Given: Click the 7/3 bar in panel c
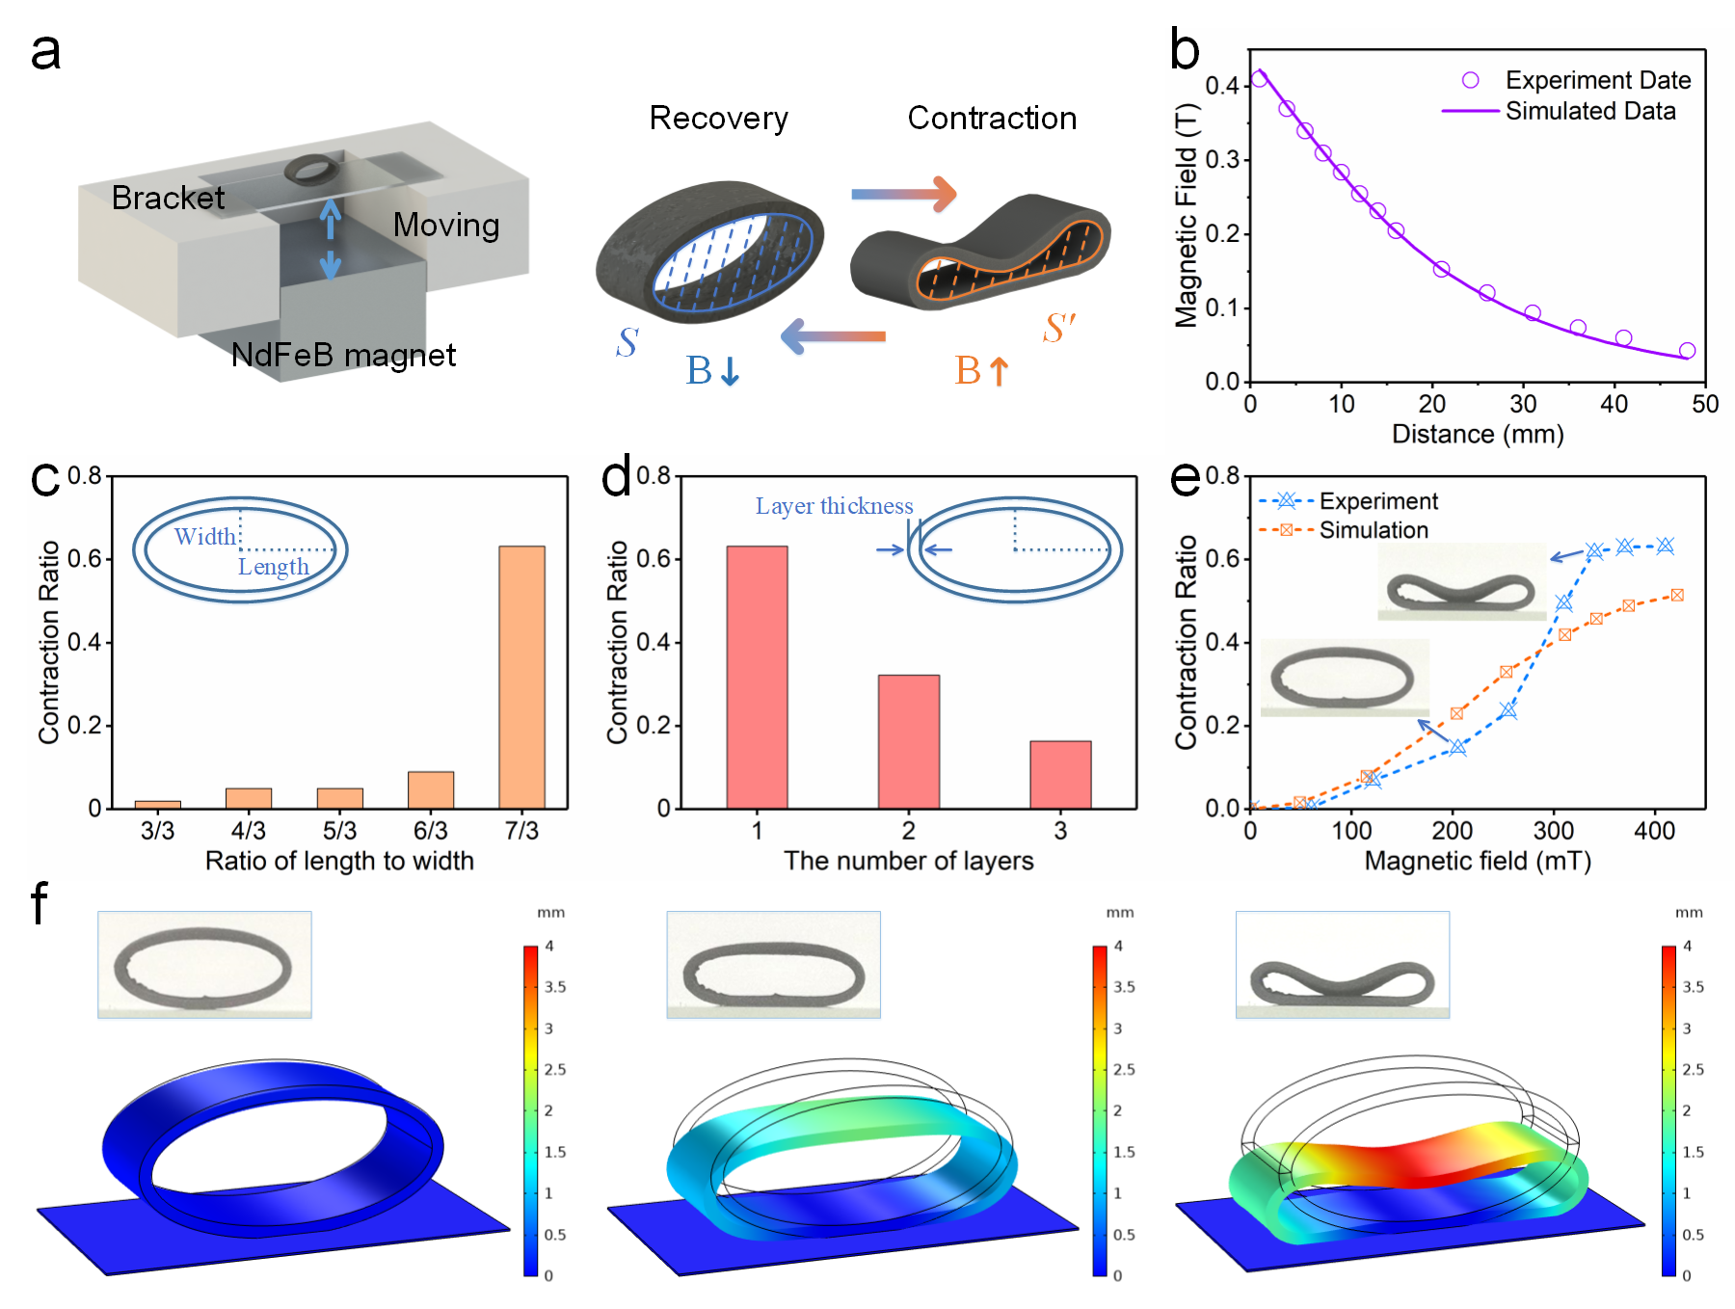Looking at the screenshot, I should (521, 677).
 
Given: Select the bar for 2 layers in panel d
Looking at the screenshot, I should (908, 741).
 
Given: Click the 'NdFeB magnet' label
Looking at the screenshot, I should (343, 356).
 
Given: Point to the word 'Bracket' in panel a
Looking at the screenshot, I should (168, 198).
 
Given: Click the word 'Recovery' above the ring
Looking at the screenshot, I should (718, 119).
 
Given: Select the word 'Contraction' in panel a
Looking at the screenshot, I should (992, 119).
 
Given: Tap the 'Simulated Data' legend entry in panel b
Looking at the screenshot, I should (1589, 112).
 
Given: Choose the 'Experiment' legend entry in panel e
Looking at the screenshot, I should (1377, 501).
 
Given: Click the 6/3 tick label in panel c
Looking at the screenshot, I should (430, 831).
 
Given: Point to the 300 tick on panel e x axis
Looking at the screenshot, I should (1553, 831).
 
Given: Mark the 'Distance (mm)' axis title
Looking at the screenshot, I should (1477, 435).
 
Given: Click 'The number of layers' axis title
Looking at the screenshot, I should (908, 861).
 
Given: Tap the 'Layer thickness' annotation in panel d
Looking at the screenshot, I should (834, 506).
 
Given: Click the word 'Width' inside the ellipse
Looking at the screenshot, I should (204, 537).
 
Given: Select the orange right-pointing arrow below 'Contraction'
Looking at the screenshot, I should (903, 194).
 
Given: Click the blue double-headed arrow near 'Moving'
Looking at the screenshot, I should (331, 238).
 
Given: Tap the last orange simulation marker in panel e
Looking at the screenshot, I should (1677, 596).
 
